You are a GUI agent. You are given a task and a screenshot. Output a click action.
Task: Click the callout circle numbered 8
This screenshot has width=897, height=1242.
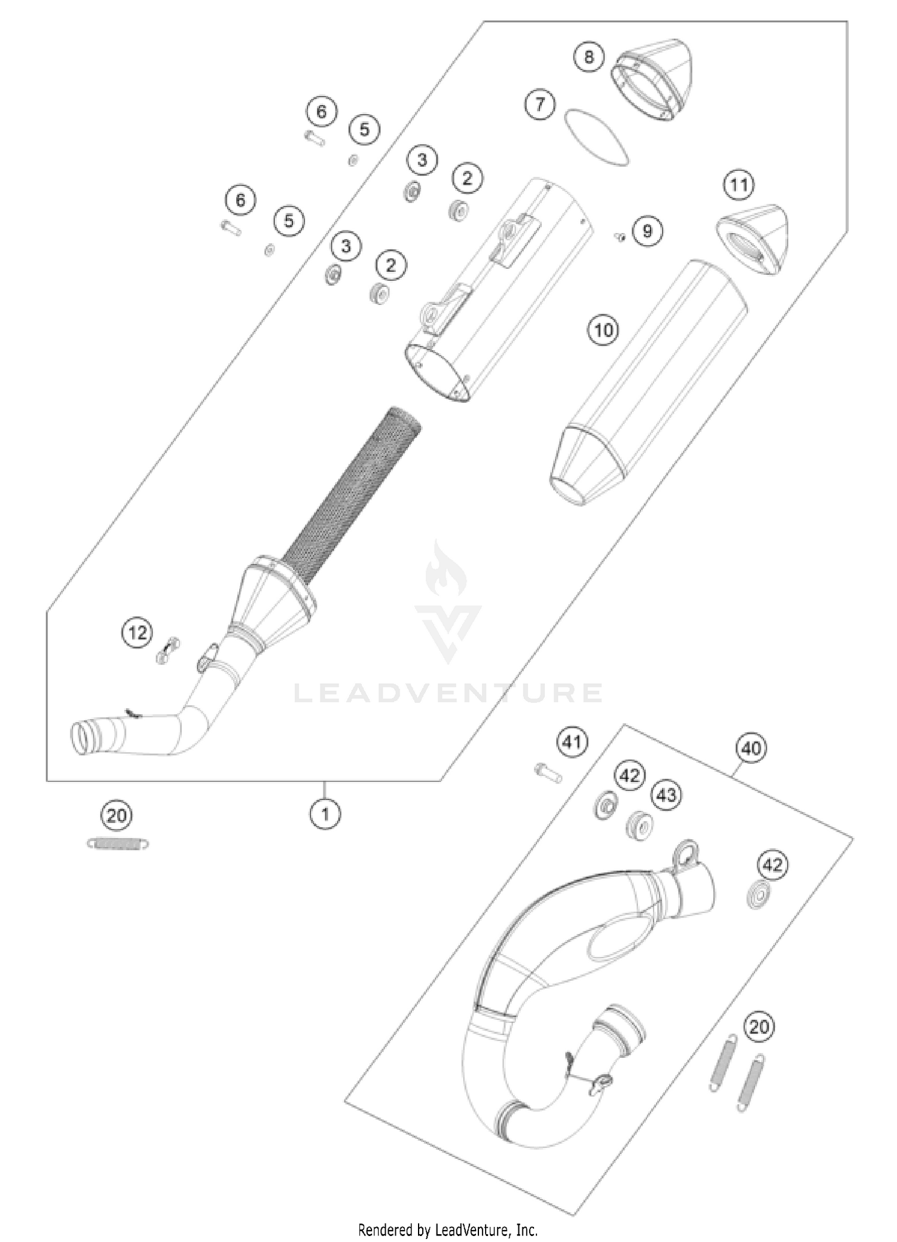click(589, 57)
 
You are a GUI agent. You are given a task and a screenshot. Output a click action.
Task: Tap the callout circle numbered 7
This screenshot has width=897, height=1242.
click(540, 105)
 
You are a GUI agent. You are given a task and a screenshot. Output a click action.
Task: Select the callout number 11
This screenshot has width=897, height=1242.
click(739, 185)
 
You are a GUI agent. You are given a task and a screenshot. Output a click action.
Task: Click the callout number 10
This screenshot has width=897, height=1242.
click(603, 330)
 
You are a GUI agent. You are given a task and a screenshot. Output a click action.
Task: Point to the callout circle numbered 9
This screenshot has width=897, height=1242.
click(647, 231)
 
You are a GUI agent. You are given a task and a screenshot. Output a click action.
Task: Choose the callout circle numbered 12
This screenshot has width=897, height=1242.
click(138, 632)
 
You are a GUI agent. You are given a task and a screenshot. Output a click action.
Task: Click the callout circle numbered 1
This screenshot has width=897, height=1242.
click(325, 813)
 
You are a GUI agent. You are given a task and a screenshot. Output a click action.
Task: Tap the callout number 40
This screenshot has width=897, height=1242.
click(752, 748)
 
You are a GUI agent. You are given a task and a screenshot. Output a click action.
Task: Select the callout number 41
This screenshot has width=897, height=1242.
click(573, 742)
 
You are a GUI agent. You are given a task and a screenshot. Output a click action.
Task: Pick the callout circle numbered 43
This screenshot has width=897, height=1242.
click(666, 795)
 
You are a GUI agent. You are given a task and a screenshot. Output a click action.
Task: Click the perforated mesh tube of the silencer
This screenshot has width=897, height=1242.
click(353, 496)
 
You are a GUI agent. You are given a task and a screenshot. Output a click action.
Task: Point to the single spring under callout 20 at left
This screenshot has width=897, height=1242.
click(117, 843)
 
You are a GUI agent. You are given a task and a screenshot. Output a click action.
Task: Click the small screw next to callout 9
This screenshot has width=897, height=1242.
click(620, 237)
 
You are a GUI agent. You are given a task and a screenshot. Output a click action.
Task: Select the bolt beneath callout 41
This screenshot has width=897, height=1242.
click(548, 774)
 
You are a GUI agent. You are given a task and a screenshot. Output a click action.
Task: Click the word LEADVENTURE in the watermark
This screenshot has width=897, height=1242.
click(448, 693)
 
